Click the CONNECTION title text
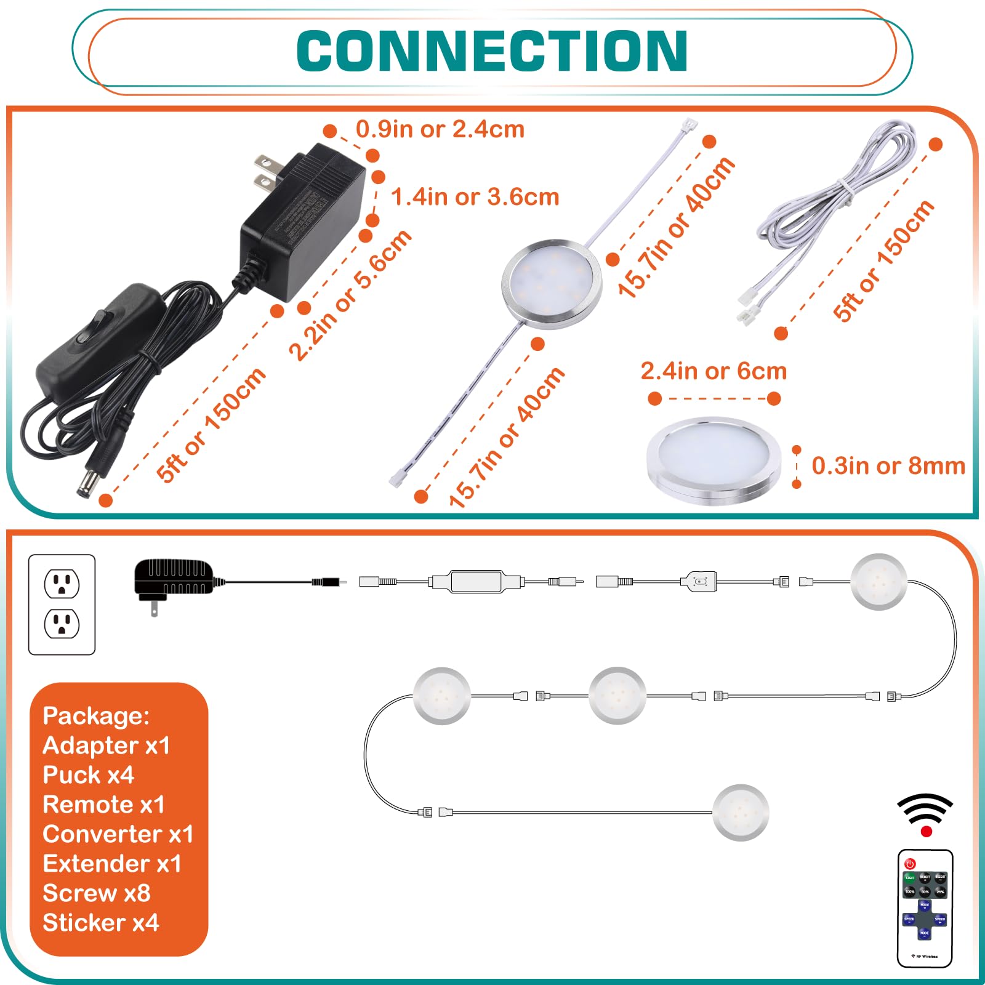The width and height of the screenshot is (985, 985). click(492, 52)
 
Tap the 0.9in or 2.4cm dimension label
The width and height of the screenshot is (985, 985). click(440, 130)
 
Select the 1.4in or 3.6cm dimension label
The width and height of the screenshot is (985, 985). click(475, 197)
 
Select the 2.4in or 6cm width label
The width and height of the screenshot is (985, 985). click(714, 371)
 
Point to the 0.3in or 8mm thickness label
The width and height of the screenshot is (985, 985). click(888, 466)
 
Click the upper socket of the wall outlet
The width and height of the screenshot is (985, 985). click(62, 584)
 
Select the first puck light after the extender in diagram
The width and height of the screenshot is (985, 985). click(878, 582)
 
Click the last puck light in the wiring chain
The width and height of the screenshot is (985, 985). click(741, 812)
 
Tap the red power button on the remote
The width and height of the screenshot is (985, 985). click(911, 864)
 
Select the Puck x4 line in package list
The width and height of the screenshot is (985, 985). click(88, 775)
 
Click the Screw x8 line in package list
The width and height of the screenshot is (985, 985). click(96, 893)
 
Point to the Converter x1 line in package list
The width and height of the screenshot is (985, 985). click(118, 834)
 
